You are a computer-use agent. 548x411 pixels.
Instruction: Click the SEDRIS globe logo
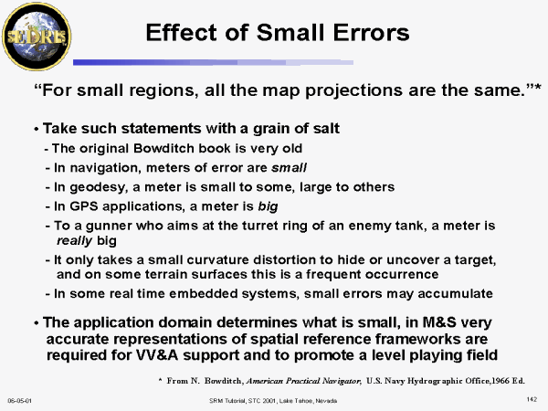point(37,37)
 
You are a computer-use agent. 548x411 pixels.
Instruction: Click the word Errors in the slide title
point(371,33)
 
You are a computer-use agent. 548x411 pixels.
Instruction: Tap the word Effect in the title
point(182,33)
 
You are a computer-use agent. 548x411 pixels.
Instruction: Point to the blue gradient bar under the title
point(213,62)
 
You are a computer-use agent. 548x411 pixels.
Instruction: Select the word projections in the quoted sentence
point(353,91)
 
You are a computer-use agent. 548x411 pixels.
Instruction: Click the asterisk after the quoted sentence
point(538,87)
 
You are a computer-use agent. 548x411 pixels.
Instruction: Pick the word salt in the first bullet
point(326,128)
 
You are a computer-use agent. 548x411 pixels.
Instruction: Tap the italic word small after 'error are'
point(289,168)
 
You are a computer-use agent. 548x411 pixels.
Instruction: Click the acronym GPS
point(83,206)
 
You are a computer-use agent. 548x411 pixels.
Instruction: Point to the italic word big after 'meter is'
point(268,207)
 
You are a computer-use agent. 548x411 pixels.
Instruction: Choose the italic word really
point(75,241)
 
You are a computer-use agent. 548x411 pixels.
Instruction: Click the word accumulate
point(455,293)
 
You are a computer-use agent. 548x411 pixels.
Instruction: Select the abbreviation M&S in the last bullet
point(439,321)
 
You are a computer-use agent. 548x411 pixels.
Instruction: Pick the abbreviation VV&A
point(157,355)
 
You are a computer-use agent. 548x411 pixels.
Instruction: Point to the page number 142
point(532,399)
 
